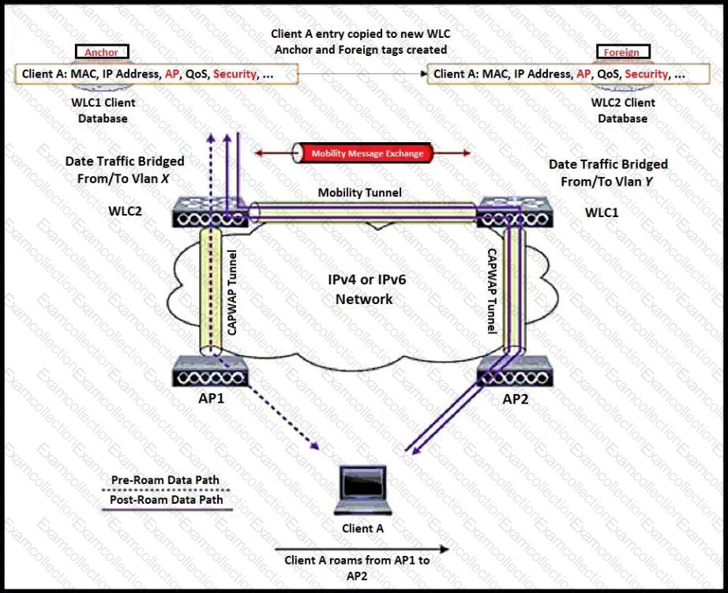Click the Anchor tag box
(102, 53)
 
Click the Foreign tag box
(621, 53)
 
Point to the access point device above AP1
(211, 369)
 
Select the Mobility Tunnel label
(359, 192)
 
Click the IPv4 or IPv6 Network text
(362, 290)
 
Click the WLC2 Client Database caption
(623, 111)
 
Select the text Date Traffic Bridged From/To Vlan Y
(608, 172)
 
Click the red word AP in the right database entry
(584, 74)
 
